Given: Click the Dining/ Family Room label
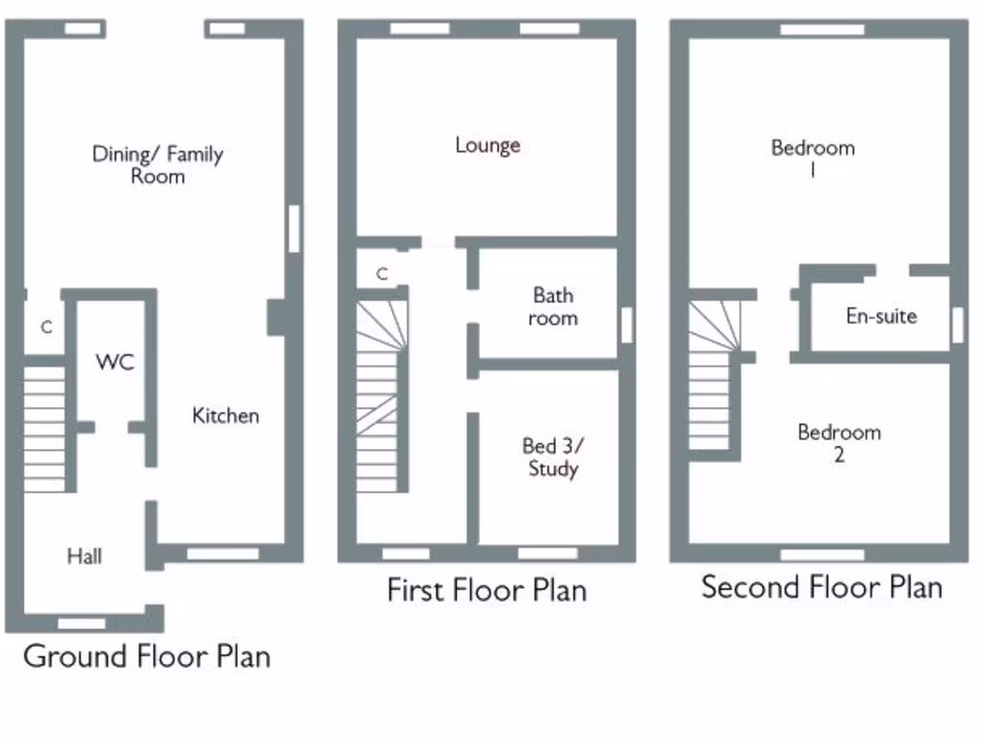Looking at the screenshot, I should [x=158, y=165].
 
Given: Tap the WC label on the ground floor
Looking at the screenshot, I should [x=114, y=363].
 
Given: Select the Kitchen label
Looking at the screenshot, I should [x=225, y=416].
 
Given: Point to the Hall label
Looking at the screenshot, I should [x=85, y=556].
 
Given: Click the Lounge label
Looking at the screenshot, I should [x=488, y=145].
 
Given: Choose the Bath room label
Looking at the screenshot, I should [x=553, y=306].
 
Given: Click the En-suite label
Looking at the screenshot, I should [x=881, y=316].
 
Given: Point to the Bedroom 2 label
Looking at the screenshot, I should [x=839, y=443].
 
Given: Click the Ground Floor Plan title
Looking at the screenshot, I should [x=146, y=656].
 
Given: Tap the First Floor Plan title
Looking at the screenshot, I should [x=487, y=589].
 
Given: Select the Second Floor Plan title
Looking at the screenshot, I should [x=821, y=587].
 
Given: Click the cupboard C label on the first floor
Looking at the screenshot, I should [x=382, y=274].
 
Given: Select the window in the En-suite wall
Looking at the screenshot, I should [x=957, y=324].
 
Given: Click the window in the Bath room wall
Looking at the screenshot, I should [x=626, y=324].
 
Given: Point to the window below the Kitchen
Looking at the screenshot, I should [x=222, y=553].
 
